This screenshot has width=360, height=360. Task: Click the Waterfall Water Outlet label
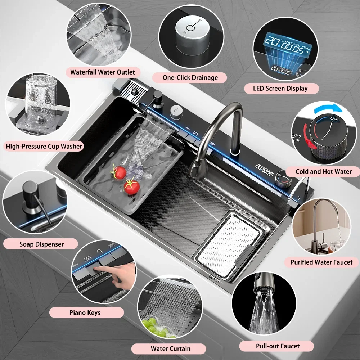point(103,72)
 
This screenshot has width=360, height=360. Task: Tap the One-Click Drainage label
point(190,77)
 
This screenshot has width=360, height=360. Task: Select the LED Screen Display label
point(281,88)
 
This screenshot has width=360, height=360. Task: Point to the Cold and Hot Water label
point(323,171)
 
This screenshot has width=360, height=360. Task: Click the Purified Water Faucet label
point(321,262)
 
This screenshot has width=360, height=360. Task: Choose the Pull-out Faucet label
point(278,346)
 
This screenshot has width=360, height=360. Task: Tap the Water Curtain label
point(171,348)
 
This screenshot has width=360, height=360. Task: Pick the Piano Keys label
point(85,312)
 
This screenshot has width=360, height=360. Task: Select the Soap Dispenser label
point(41,244)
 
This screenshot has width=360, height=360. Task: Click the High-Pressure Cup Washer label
point(44,146)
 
